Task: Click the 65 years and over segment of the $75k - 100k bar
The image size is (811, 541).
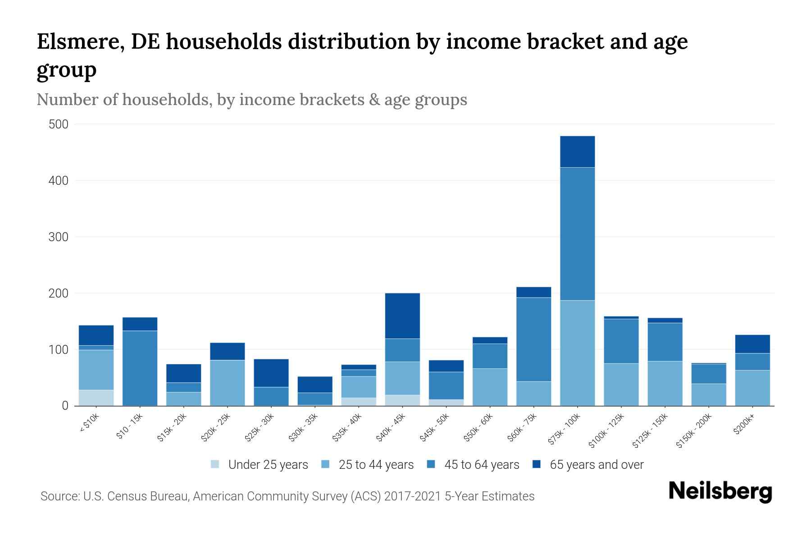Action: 577,152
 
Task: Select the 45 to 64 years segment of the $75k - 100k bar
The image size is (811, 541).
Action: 577,234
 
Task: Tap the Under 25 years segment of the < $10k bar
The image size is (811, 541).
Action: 96,398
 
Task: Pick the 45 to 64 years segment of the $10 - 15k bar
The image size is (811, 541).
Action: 140,368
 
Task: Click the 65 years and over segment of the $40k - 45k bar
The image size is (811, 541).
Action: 402,316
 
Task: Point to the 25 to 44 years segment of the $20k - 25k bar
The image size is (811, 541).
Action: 227,383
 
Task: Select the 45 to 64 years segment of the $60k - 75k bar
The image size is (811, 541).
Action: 533,339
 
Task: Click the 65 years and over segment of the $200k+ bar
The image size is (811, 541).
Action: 752,344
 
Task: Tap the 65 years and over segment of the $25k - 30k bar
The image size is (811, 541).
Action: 271,373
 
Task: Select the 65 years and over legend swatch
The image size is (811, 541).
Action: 536,464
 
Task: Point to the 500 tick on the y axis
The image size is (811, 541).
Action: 58,124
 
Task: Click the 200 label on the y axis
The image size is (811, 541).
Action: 58,293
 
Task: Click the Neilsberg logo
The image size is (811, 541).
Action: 720,491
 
